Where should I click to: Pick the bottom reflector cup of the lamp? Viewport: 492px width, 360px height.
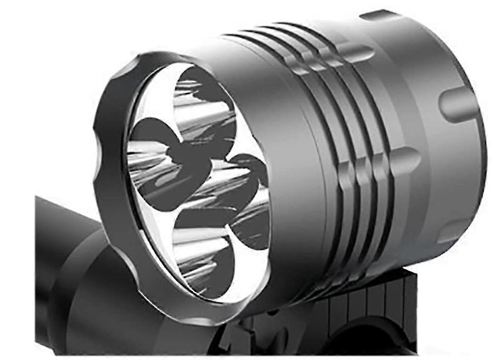click(202, 257)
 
